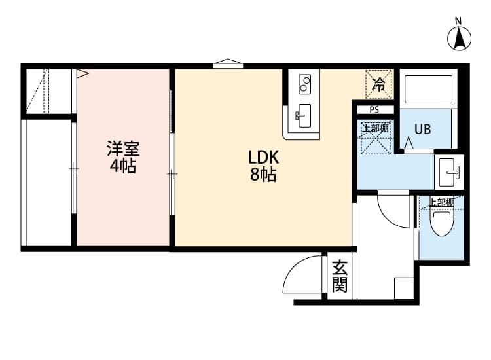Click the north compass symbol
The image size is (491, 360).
point(460,37)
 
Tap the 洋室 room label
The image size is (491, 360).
point(123,149)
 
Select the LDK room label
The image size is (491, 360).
point(263,158)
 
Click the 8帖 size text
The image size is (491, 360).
point(263,175)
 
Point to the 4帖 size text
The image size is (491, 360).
point(122,166)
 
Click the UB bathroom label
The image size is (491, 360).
point(422,129)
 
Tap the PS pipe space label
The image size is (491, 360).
point(374,110)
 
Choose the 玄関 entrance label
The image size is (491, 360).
point(339,277)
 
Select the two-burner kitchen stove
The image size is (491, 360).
point(304,84)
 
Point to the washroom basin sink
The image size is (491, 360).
point(450,171)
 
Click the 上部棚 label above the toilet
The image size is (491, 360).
point(441,202)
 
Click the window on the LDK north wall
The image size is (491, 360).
point(228,65)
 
